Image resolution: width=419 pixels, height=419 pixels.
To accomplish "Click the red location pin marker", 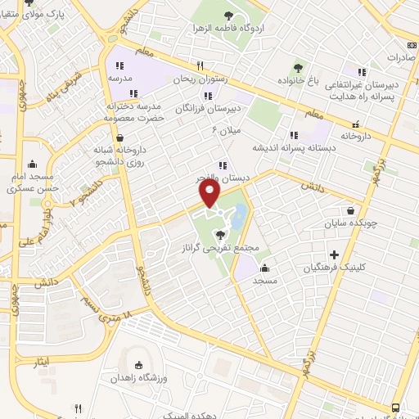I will click(x=210, y=193).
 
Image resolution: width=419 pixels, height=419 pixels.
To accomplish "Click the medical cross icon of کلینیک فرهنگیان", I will click(x=334, y=255).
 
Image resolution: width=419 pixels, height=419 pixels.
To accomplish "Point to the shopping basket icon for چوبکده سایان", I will click(x=351, y=209).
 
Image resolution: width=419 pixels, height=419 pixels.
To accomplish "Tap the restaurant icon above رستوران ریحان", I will click(x=199, y=66).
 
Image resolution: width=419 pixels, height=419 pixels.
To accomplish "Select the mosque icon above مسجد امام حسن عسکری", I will click(x=32, y=163).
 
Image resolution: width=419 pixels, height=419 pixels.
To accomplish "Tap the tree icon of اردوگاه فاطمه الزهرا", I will click(x=228, y=16).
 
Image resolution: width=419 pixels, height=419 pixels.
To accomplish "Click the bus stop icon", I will click(x=396, y=408).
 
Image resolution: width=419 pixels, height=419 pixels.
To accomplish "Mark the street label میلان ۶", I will click(x=227, y=129).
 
